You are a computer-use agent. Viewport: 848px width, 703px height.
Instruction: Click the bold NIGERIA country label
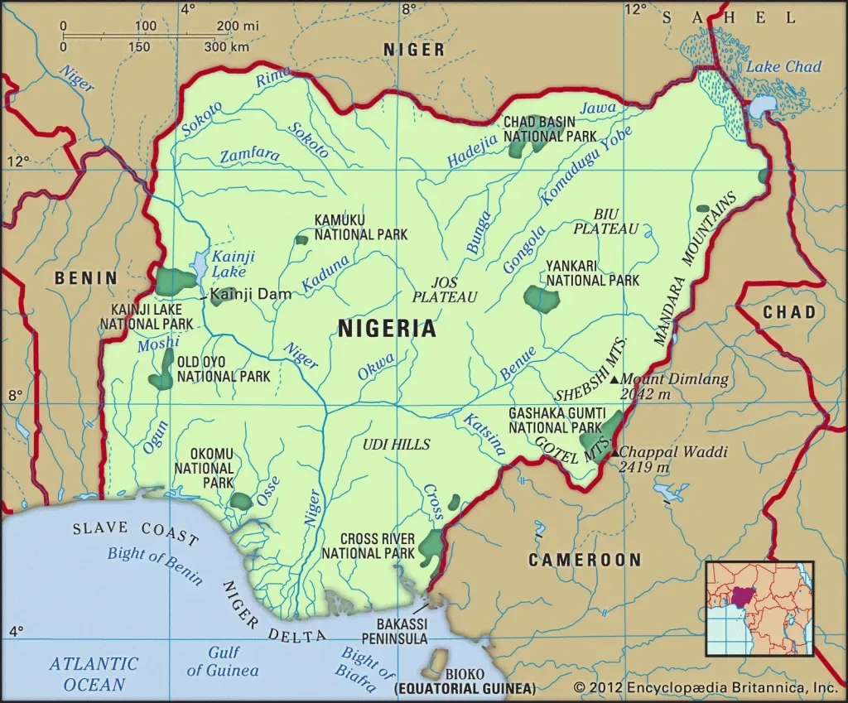387,329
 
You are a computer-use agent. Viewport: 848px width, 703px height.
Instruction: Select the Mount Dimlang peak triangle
614,379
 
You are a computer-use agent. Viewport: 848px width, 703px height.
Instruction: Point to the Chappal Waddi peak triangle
614,452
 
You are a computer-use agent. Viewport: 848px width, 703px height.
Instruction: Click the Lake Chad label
783,67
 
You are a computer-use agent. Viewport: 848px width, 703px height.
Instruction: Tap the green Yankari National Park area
542,298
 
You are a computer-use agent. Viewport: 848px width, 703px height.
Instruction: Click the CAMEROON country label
585,561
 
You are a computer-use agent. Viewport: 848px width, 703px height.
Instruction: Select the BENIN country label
86,278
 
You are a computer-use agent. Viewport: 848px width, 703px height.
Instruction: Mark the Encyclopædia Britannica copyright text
706,687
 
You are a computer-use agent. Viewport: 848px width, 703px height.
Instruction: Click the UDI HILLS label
396,445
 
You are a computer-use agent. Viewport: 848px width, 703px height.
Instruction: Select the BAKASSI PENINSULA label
394,630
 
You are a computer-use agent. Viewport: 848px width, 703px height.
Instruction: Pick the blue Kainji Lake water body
200,263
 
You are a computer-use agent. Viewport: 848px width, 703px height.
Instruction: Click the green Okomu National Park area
241,501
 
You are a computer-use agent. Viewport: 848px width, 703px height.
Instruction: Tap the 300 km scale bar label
227,46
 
